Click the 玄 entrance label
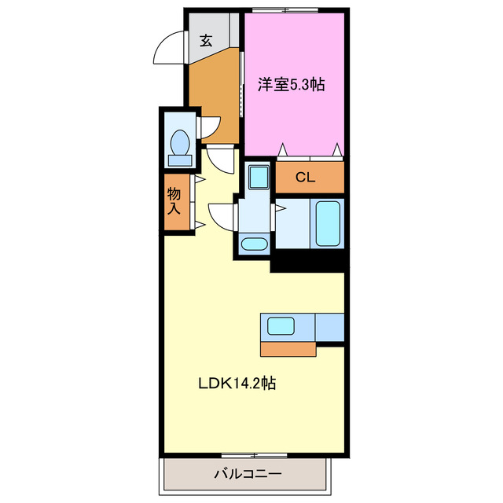click(x=205, y=41)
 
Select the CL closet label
click(x=305, y=178)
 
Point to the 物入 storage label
click(x=174, y=201)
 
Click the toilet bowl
click(x=180, y=145)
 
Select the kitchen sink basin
click(x=281, y=325)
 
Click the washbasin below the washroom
click(x=254, y=244)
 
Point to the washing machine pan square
click(x=256, y=176)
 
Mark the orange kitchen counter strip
click(x=287, y=348)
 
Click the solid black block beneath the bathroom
click(x=308, y=260)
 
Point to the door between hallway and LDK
click(x=222, y=160)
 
